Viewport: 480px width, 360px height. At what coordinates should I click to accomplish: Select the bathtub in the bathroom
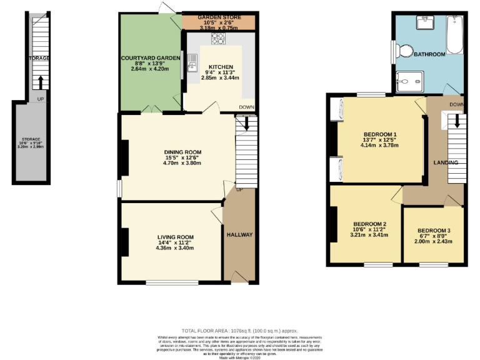[x=454, y=35]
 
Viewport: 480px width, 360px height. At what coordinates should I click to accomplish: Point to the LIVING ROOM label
[x=175, y=237]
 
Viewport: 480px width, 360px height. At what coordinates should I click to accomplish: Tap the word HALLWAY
[x=239, y=235]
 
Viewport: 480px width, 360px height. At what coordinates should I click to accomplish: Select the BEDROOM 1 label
[x=380, y=134]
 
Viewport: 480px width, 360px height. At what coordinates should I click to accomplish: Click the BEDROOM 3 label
[x=434, y=231]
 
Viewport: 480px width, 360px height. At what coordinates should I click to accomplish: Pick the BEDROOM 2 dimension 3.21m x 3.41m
[x=369, y=236]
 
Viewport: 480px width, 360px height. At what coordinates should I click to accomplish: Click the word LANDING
[x=446, y=162]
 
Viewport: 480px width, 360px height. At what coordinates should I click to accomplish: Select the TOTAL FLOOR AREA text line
[x=239, y=331]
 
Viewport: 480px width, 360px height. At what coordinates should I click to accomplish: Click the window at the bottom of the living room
[x=165, y=283]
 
